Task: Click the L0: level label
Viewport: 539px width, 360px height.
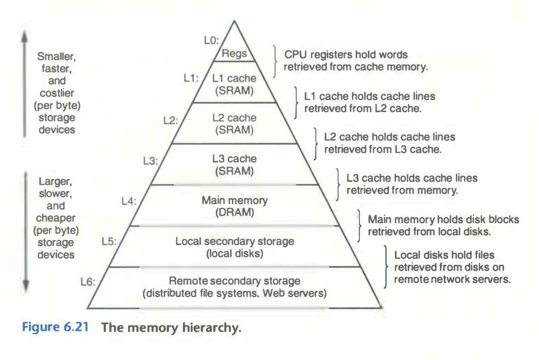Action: [212, 40]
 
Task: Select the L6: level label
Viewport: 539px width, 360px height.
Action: [87, 281]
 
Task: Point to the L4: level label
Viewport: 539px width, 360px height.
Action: [129, 201]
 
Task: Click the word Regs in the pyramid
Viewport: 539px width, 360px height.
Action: [234, 54]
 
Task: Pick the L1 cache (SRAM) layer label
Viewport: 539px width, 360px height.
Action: [234, 84]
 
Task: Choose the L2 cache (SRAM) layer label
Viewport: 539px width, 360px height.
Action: [234, 124]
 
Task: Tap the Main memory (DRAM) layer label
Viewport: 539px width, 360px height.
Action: [234, 207]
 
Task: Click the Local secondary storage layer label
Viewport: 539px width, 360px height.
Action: [235, 247]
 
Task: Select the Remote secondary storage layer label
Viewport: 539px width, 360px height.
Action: [235, 287]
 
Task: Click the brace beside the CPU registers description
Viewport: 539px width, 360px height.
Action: [276, 60]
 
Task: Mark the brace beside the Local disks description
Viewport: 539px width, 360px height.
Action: [386, 267]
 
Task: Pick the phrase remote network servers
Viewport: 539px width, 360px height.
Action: [452, 280]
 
